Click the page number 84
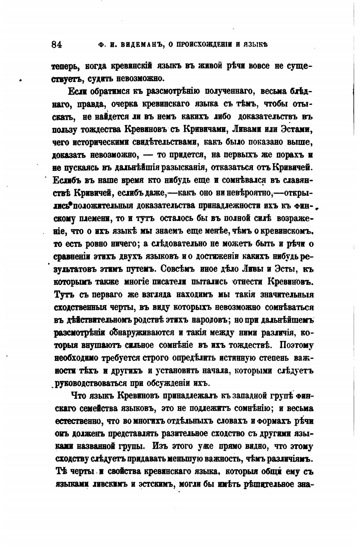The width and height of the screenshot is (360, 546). (x=57, y=44)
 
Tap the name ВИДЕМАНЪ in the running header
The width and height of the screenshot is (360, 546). (x=139, y=45)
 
